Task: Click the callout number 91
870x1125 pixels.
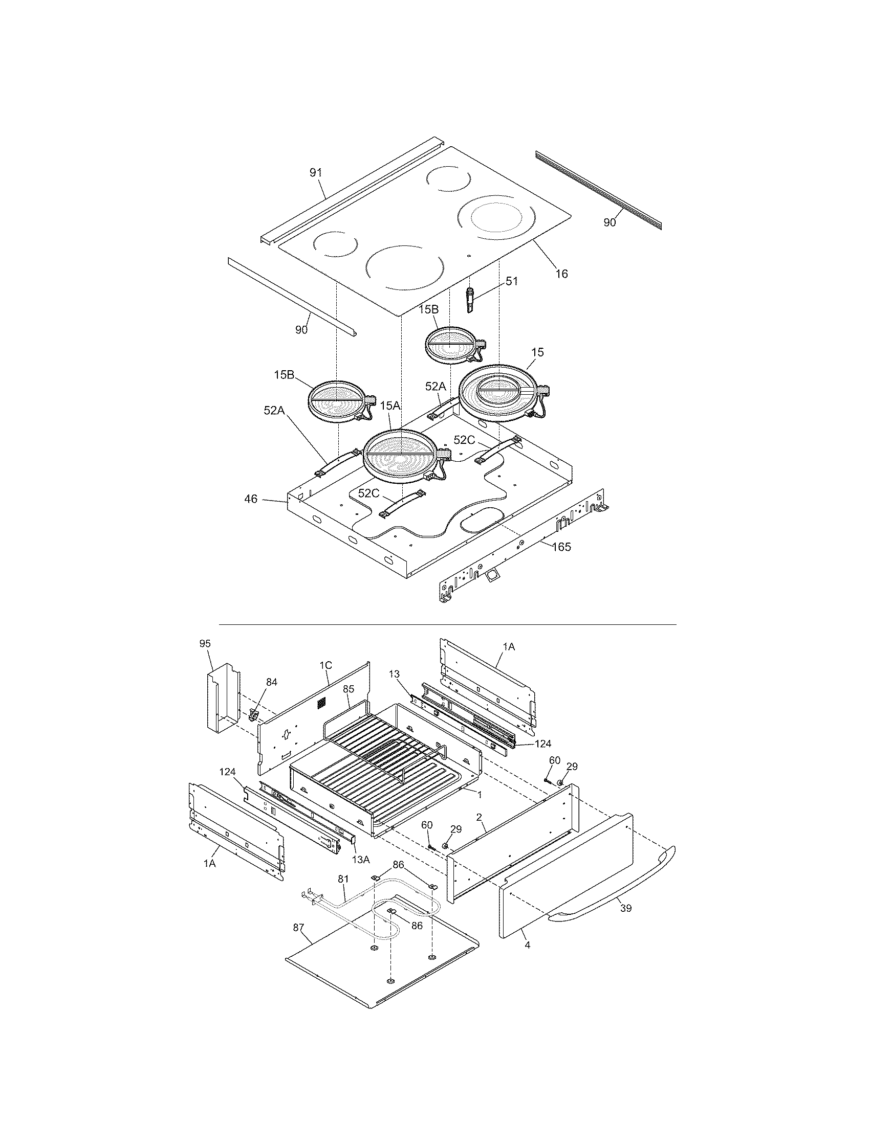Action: pyautogui.click(x=315, y=172)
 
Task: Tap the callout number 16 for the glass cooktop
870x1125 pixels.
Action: pyautogui.click(x=562, y=274)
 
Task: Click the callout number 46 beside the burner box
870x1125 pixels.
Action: pyautogui.click(x=250, y=499)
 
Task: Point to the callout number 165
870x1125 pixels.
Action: pyautogui.click(x=561, y=547)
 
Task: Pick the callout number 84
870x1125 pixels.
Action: pyautogui.click(x=271, y=682)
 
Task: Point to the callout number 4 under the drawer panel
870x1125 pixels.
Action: pyautogui.click(x=527, y=945)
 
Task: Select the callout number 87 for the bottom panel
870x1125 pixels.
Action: pyautogui.click(x=299, y=927)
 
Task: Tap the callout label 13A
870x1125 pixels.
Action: pyautogui.click(x=361, y=859)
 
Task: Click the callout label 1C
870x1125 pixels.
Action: pyautogui.click(x=325, y=665)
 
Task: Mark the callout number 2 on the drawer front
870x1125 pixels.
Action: pyautogui.click(x=479, y=831)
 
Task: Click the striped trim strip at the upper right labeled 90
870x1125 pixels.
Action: pyautogui.click(x=598, y=191)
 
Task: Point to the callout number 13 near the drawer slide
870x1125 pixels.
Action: pyautogui.click(x=394, y=674)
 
